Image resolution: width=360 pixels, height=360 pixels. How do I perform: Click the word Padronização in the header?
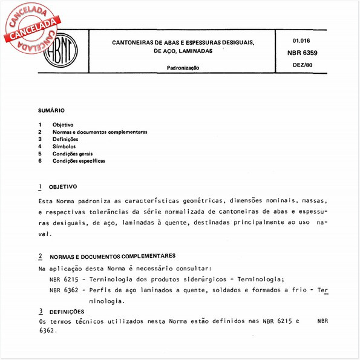[183, 68]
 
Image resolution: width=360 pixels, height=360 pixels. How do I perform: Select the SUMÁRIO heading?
[51, 111]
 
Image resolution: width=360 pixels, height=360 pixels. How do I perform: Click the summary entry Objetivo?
[63, 125]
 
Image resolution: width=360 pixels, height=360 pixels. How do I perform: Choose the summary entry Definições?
[65, 139]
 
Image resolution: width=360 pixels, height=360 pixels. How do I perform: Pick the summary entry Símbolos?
[64, 146]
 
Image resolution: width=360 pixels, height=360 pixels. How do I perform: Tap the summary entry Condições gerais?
[73, 154]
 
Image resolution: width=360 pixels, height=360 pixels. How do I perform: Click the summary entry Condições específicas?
[79, 161]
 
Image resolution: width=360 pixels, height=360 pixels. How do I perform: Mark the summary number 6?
[39, 161]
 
